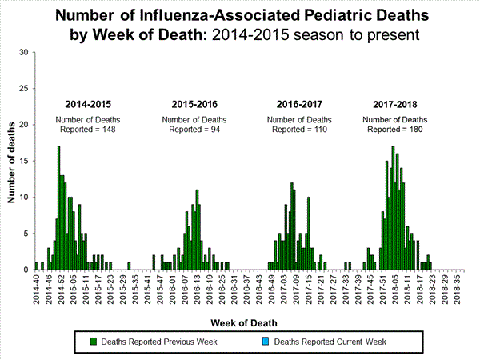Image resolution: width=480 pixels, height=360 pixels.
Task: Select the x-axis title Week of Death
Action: tap(246, 322)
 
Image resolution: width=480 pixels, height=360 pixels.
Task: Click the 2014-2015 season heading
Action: tap(88, 105)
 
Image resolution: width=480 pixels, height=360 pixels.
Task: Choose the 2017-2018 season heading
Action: tap(396, 105)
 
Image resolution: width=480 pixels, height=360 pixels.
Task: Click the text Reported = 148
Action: tap(88, 130)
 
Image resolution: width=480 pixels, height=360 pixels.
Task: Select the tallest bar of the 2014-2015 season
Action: tap(58, 208)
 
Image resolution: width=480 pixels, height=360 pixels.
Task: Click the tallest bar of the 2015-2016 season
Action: tap(197, 230)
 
